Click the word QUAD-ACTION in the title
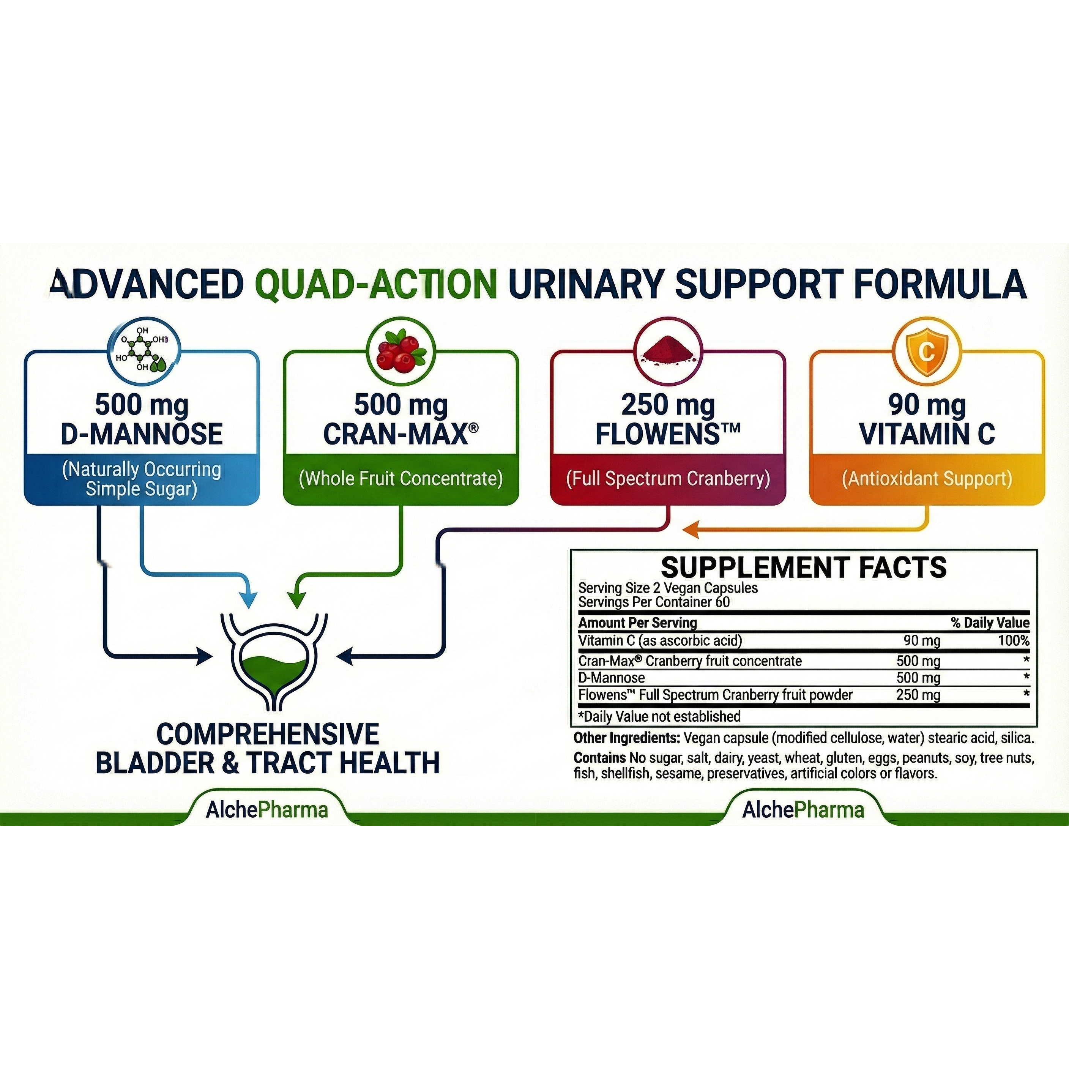click(x=376, y=284)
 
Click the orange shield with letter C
click(x=927, y=351)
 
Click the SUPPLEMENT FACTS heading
click(x=803, y=568)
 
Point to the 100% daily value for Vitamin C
click(x=1013, y=641)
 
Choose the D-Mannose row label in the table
click(x=612, y=678)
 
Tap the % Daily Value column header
click(x=990, y=623)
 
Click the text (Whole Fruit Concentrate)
click(x=401, y=479)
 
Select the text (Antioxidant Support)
click(x=927, y=479)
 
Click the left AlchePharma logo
click(x=267, y=810)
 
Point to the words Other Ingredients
click(x=626, y=738)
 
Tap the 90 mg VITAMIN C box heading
click(x=927, y=419)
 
